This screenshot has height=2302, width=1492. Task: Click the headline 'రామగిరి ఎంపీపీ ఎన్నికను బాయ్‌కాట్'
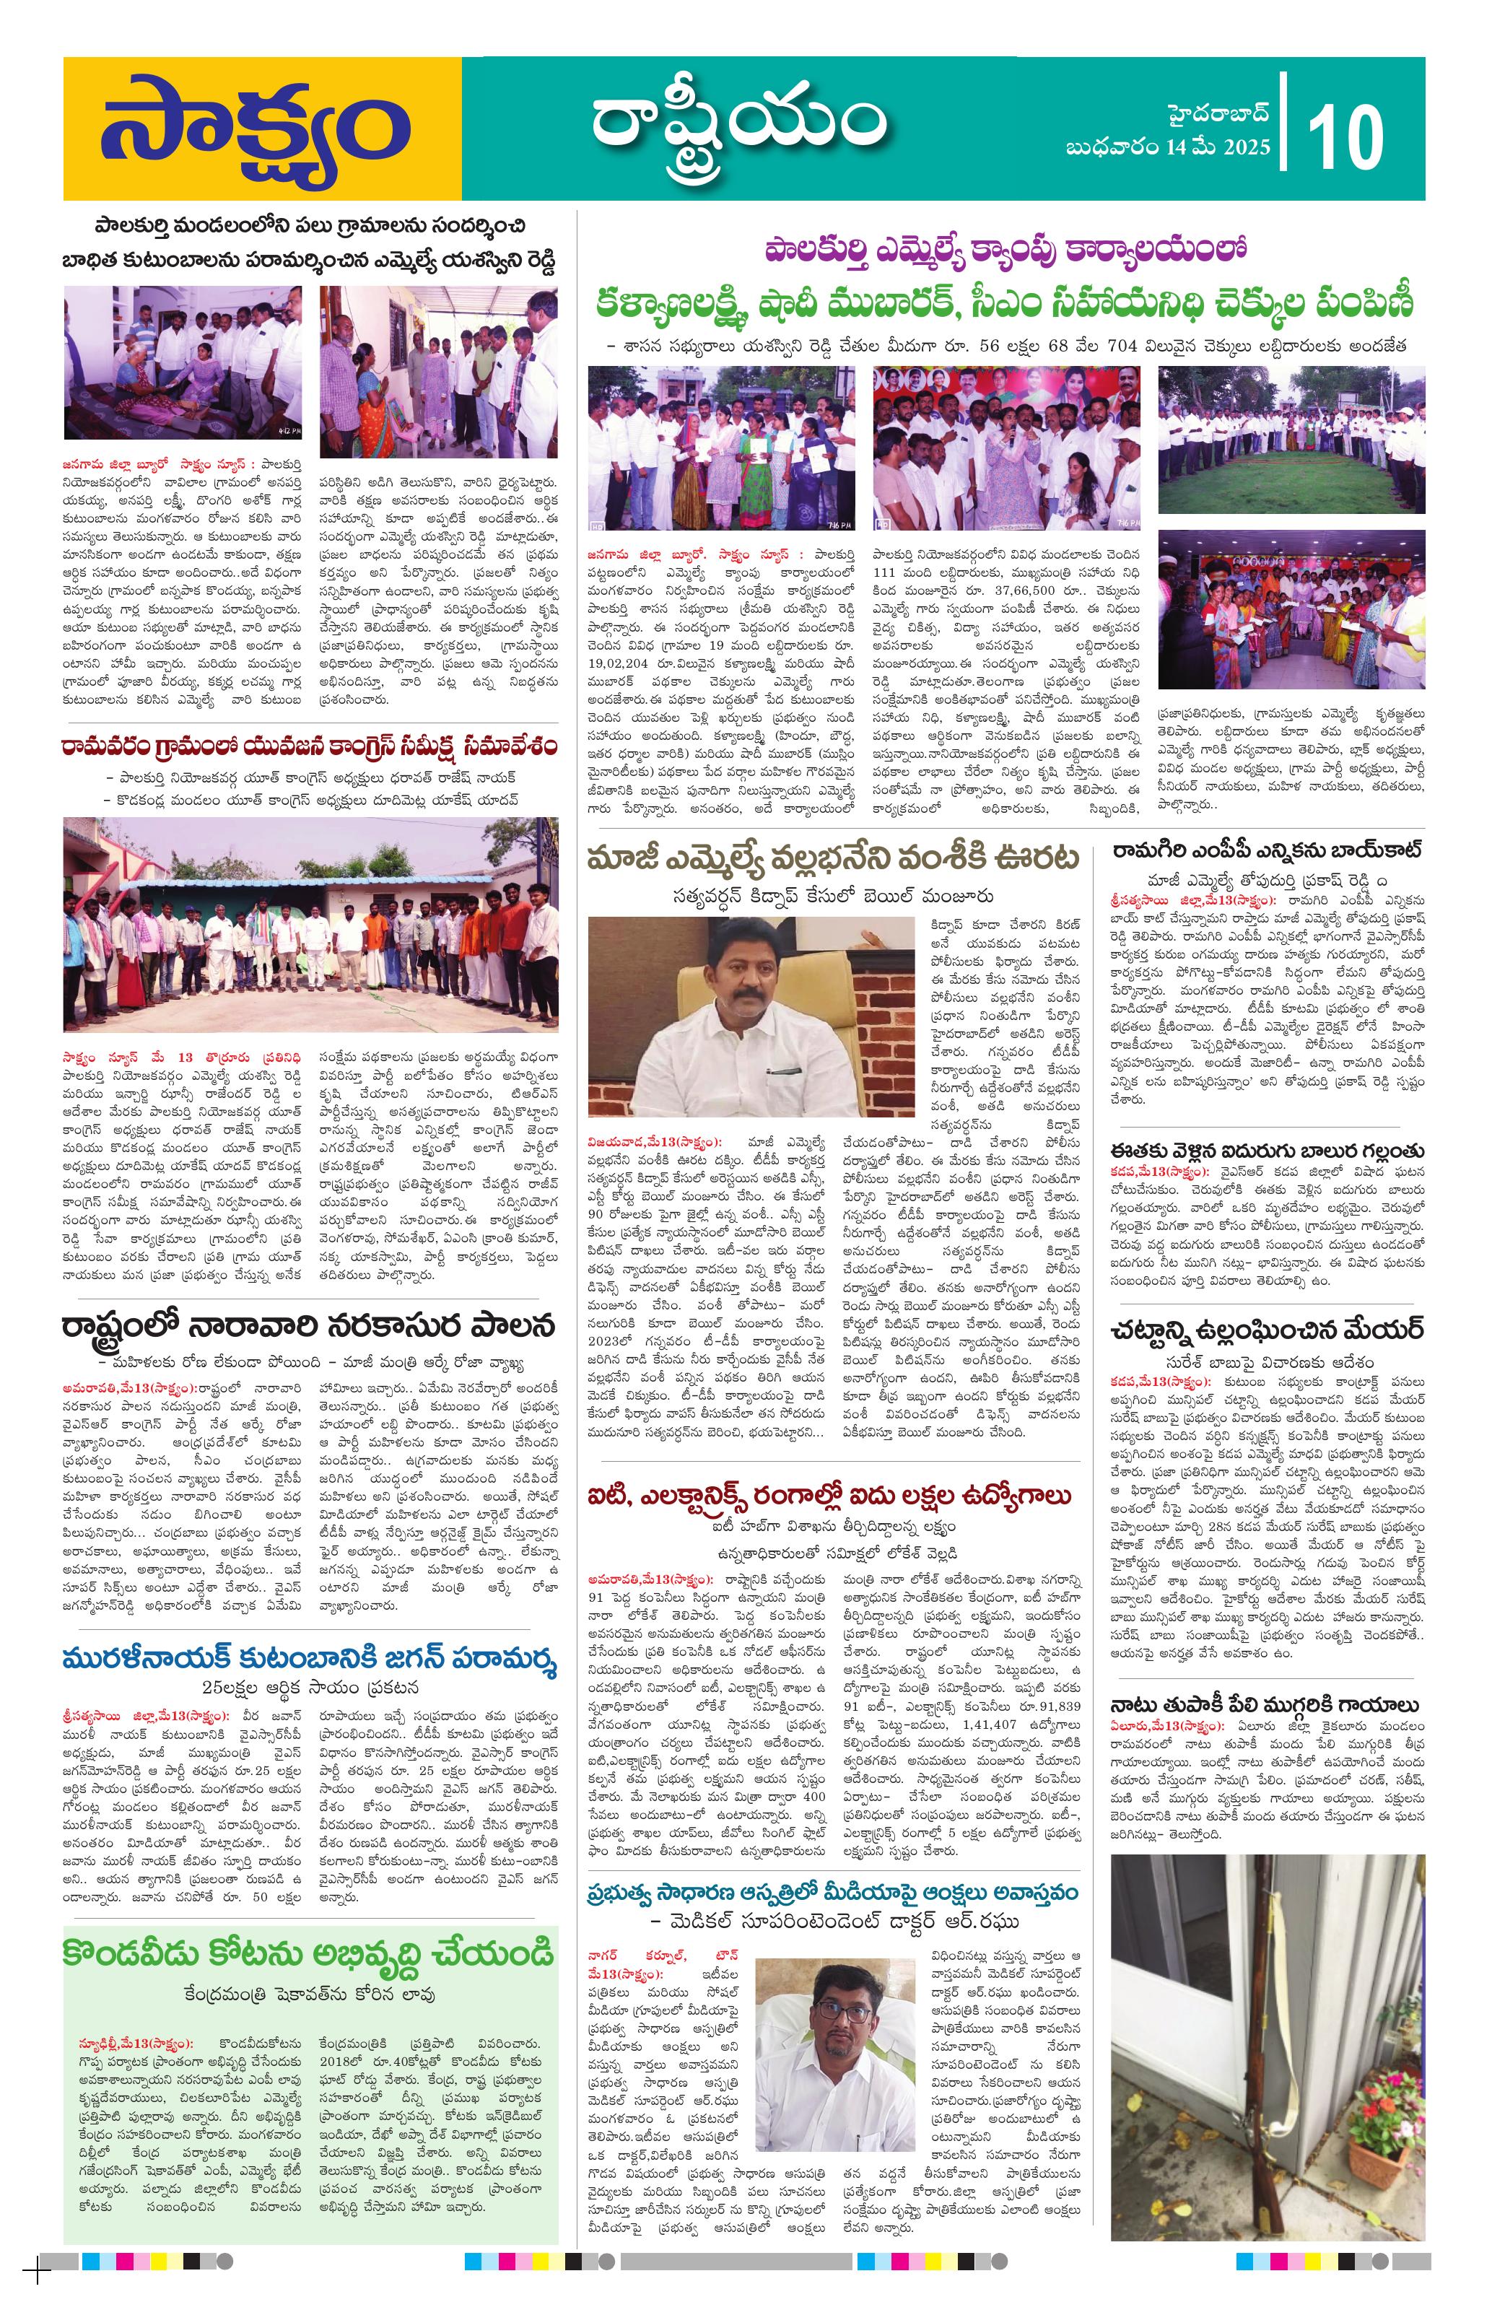(1266, 850)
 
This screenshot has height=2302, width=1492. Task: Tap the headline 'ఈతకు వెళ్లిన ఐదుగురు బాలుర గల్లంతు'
(1267, 1150)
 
